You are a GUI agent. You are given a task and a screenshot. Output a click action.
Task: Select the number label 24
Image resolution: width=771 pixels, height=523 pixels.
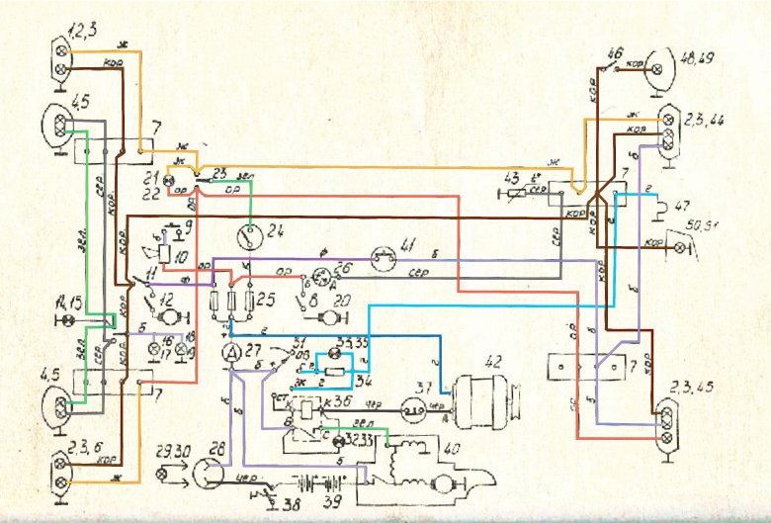pos(274,233)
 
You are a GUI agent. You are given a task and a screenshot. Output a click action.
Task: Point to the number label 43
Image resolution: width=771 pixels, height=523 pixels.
pos(511,178)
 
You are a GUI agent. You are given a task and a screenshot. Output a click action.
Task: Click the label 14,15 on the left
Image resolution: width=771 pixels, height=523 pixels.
pos(72,301)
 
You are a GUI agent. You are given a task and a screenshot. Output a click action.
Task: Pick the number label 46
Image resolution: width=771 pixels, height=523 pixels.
pos(615,51)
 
